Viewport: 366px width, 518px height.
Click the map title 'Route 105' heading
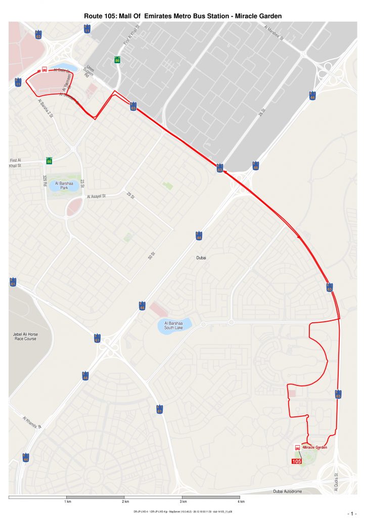182,16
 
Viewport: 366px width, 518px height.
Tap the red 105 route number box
297,461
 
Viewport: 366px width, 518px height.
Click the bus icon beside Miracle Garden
297,447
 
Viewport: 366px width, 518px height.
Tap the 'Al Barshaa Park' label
64,185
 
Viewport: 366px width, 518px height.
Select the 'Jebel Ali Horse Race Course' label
25,336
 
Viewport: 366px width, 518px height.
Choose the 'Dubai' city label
201,258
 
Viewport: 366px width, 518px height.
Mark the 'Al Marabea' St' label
273,33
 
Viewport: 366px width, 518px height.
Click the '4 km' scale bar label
241,502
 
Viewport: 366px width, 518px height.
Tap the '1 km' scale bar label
67,502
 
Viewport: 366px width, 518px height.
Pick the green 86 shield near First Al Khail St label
49,161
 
